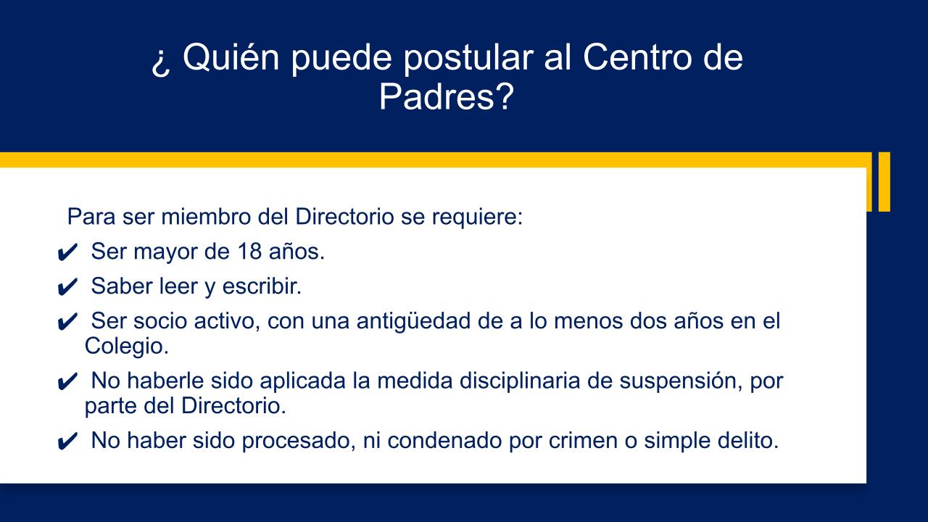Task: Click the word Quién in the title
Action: tap(231, 57)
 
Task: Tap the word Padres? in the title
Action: tap(446, 96)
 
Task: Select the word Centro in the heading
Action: tap(637, 57)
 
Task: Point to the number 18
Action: tap(249, 251)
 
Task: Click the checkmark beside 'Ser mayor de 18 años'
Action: tap(67, 252)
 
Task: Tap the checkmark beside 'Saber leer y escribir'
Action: tap(67, 286)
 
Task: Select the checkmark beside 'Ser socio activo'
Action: tap(67, 321)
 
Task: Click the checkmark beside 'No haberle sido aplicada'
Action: tap(67, 381)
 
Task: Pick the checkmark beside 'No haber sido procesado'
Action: tap(67, 441)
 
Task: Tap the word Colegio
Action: tap(127, 347)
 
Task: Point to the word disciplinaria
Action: tap(520, 381)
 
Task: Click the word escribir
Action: tap(262, 286)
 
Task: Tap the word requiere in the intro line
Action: tap(477, 217)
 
